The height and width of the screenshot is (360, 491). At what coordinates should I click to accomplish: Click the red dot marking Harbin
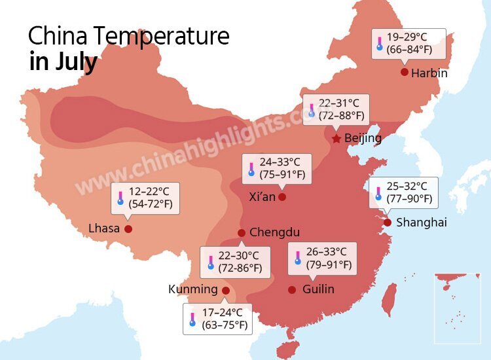tap(405, 72)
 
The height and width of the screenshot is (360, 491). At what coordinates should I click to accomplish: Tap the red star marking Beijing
tap(336, 139)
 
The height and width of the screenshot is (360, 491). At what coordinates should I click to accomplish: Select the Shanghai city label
tap(422, 223)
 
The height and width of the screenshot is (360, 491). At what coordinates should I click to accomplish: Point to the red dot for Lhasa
tap(128, 229)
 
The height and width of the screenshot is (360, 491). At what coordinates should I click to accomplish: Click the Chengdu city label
tap(274, 232)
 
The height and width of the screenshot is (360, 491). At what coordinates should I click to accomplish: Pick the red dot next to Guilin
tap(292, 289)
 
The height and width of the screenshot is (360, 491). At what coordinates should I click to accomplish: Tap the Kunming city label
tap(192, 289)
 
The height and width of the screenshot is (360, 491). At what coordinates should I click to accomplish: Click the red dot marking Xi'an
tap(282, 196)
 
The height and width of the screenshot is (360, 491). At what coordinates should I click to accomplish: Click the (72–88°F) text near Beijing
tap(339, 115)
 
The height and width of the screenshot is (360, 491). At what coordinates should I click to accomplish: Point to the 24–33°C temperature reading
tap(282, 162)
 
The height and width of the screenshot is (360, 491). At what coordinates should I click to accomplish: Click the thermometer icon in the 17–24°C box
tap(192, 319)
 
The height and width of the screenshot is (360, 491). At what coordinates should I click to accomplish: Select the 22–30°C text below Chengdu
tap(239, 256)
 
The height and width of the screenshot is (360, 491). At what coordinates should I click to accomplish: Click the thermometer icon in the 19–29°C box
tap(379, 44)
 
